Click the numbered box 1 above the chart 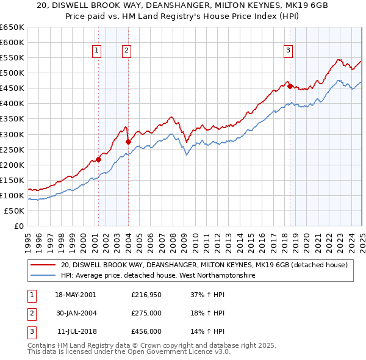click(x=97, y=51)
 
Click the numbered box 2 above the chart click(x=126, y=51)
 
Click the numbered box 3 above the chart click(x=288, y=51)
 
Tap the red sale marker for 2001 click(x=98, y=160)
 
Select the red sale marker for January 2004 click(x=128, y=142)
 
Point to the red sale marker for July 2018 click(x=290, y=86)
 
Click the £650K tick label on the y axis click(x=12, y=27)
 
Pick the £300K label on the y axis click(x=12, y=134)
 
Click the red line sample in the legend click(x=43, y=265)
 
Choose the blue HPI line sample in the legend click(x=43, y=276)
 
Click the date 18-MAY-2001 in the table click(x=76, y=294)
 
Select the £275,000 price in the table click(x=146, y=313)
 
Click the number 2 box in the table click(x=31, y=313)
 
